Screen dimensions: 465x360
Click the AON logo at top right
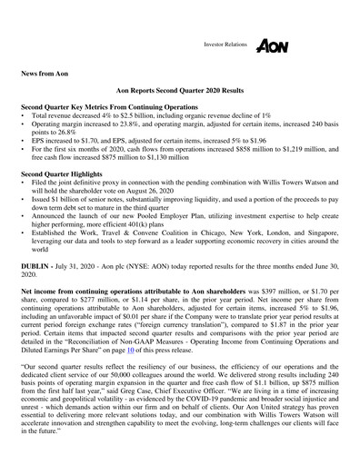[x=274, y=45]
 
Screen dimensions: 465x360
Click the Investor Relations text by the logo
[x=225, y=44]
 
